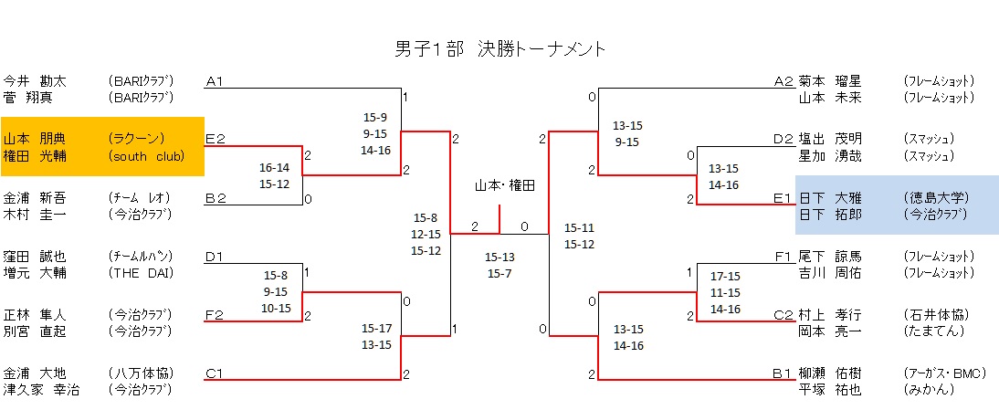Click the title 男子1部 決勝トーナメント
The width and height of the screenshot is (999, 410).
pyautogui.click(x=500, y=48)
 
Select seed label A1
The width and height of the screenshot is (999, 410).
pyautogui.click(x=216, y=81)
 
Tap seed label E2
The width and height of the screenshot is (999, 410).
pyautogui.click(x=216, y=139)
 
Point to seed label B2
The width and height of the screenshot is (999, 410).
pyautogui.click(x=216, y=197)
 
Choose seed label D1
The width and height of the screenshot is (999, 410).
pyautogui.click(x=216, y=257)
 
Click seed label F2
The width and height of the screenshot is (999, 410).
pyautogui.click(x=216, y=315)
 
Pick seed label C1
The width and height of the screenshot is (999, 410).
pyautogui.click(x=216, y=373)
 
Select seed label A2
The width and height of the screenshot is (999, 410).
pyautogui.click(x=783, y=81)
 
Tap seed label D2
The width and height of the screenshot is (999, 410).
pyautogui.click(x=783, y=139)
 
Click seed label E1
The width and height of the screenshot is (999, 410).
pyautogui.click(x=783, y=197)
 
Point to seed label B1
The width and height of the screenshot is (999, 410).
pyautogui.click(x=783, y=373)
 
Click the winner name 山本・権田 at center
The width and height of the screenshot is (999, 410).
pyautogui.click(x=504, y=185)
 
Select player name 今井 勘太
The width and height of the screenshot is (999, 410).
pyautogui.click(x=35, y=81)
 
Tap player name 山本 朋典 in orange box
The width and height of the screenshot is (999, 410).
pyautogui.click(x=35, y=139)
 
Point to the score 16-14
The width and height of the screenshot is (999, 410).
pyautogui.click(x=275, y=167)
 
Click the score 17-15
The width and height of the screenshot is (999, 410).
pyautogui.click(x=724, y=276)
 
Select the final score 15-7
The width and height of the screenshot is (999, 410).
pyautogui.click(x=499, y=274)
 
